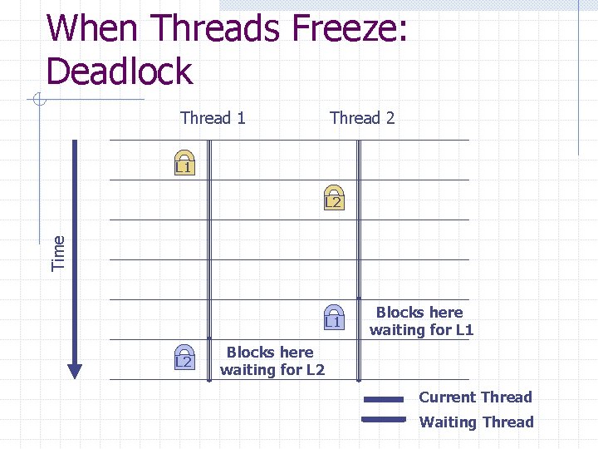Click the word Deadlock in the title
pos(120,71)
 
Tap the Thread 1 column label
pos(213,118)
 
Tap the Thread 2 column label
pos(362,118)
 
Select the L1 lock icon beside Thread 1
pos(184,164)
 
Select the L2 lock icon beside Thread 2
pos(333,197)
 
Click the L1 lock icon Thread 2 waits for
pos(333,317)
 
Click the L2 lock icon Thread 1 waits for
pos(184,357)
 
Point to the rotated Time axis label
pos(58,253)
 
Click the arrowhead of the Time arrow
pos(75,370)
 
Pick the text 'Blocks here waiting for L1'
pos(420,321)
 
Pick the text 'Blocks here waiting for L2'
pos(272,361)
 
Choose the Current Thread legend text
pos(475,397)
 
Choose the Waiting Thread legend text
pos(476,422)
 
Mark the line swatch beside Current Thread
pos(384,399)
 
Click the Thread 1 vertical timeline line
pos(209,249)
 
